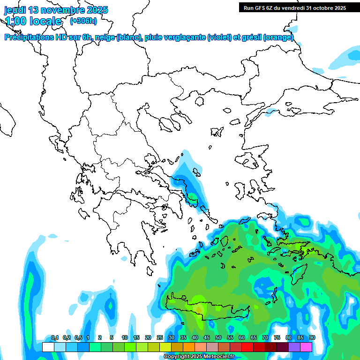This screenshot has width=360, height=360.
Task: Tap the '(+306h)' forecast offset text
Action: click(x=83, y=21)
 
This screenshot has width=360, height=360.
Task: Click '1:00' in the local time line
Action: click(x=16, y=21)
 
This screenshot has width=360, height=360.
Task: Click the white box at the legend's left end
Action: click(x=48, y=347)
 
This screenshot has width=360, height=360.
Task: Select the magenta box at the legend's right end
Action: click(x=306, y=347)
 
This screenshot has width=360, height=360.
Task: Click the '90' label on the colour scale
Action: click(x=312, y=337)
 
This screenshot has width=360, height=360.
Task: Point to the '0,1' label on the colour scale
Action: click(x=54, y=337)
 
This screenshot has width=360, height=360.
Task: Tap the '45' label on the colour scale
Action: click(x=207, y=337)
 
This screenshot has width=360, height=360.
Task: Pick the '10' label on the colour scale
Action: click(x=125, y=337)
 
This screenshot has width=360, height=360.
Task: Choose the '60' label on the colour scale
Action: click(x=242, y=337)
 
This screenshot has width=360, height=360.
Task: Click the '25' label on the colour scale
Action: click(x=160, y=337)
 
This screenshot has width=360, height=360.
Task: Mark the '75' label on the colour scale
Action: click(x=277, y=337)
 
